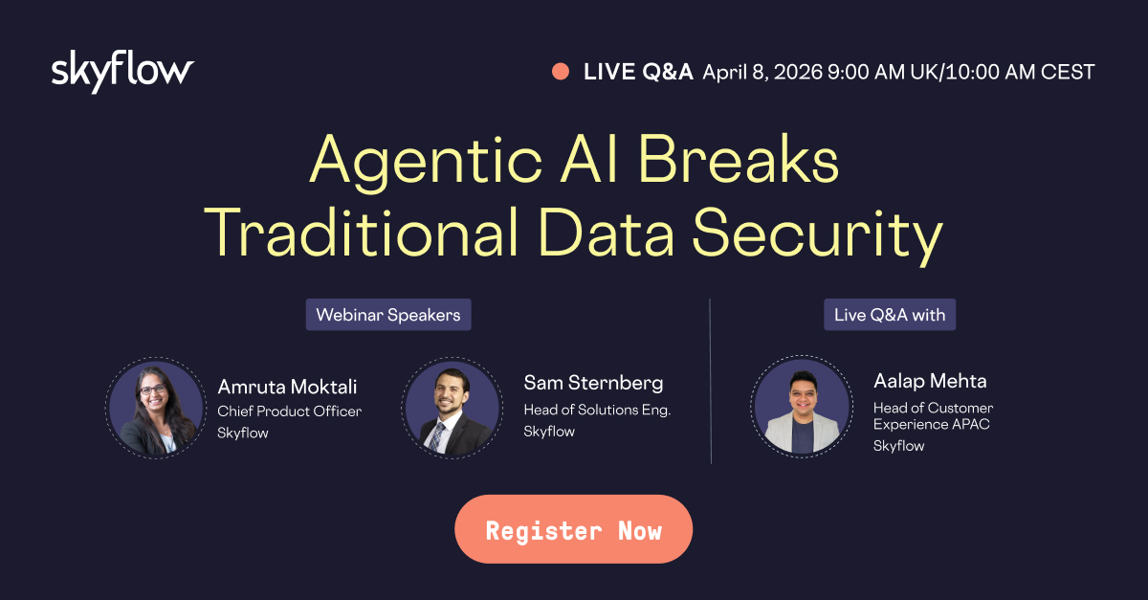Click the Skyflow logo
coord(122,71)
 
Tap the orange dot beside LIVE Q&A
coord(561,71)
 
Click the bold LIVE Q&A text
coord(638,72)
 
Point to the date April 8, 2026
coord(762,73)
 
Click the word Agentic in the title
coord(426,161)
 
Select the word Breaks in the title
coord(738,158)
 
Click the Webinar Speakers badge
coord(388,315)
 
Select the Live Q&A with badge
coord(890,315)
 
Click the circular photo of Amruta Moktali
coord(156,409)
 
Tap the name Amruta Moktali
coord(287,387)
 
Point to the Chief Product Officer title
coord(290,411)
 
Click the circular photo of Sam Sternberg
coord(452,409)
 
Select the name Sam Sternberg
coord(593,383)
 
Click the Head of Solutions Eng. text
coord(597,410)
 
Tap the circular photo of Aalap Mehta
coord(802,406)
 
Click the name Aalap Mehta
coord(930,381)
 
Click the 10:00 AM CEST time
coord(1020,73)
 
